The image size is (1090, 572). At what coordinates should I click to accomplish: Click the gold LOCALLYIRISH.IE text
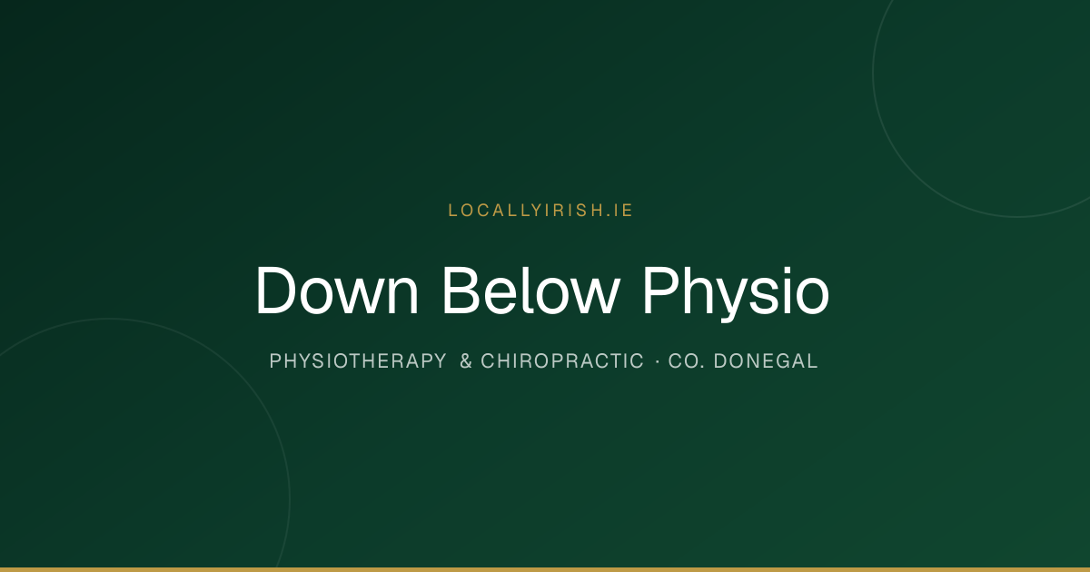(540, 210)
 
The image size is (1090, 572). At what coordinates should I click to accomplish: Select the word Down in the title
(337, 291)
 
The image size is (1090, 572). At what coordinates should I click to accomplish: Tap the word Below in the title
(530, 291)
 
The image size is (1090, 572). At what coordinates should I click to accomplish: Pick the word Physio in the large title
(736, 293)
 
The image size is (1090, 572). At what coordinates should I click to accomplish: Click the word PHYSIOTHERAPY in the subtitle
(358, 361)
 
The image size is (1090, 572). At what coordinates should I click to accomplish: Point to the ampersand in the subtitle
(466, 361)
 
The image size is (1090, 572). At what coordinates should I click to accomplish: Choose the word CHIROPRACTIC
(562, 361)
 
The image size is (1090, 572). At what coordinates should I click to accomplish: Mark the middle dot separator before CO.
(658, 361)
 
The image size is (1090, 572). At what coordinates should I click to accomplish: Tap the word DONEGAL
(766, 361)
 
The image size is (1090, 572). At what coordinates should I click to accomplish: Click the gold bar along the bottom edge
(545, 569)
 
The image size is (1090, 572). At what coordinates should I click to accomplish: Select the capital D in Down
(275, 291)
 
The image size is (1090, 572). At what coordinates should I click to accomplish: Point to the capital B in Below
(461, 291)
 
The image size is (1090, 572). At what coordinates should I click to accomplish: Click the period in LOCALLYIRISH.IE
(609, 215)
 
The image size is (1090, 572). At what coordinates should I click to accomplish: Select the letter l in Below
(527, 291)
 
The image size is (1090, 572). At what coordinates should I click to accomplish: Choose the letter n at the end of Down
(404, 297)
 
